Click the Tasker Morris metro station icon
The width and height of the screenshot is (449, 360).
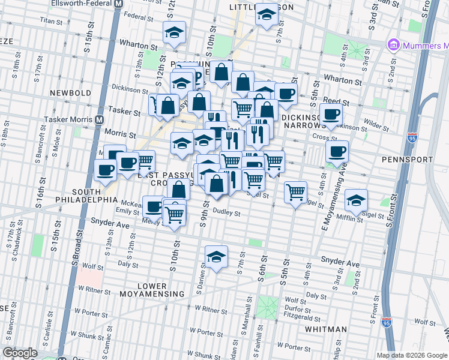98,119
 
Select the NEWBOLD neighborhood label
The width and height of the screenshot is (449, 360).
71,93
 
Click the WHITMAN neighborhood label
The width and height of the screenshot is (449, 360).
325,329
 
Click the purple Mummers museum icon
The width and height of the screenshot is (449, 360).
394,44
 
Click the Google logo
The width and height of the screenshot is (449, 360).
20,353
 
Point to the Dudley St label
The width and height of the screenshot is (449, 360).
226,212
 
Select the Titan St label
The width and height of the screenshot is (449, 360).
51,21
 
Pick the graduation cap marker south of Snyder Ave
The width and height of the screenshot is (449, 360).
216,256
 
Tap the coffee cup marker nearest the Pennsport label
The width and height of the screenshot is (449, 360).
337,151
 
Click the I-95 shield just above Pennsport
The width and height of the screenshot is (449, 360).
412,139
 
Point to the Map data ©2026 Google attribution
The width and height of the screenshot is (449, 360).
411,355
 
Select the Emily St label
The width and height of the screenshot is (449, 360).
127,211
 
